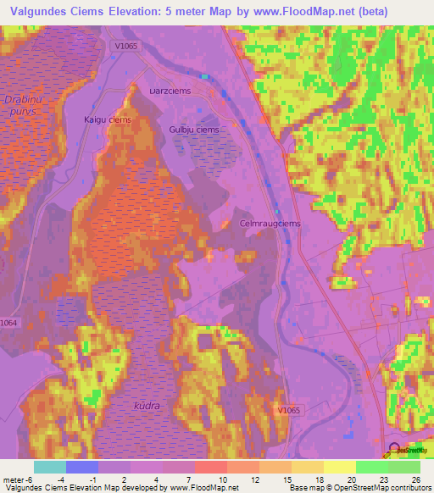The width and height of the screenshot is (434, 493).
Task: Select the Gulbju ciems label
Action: click(x=193, y=130)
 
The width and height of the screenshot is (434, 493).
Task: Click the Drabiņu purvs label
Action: click(x=22, y=106)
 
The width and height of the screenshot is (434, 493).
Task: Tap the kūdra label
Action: click(x=146, y=406)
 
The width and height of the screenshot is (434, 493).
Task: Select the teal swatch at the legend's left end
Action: click(x=50, y=466)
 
